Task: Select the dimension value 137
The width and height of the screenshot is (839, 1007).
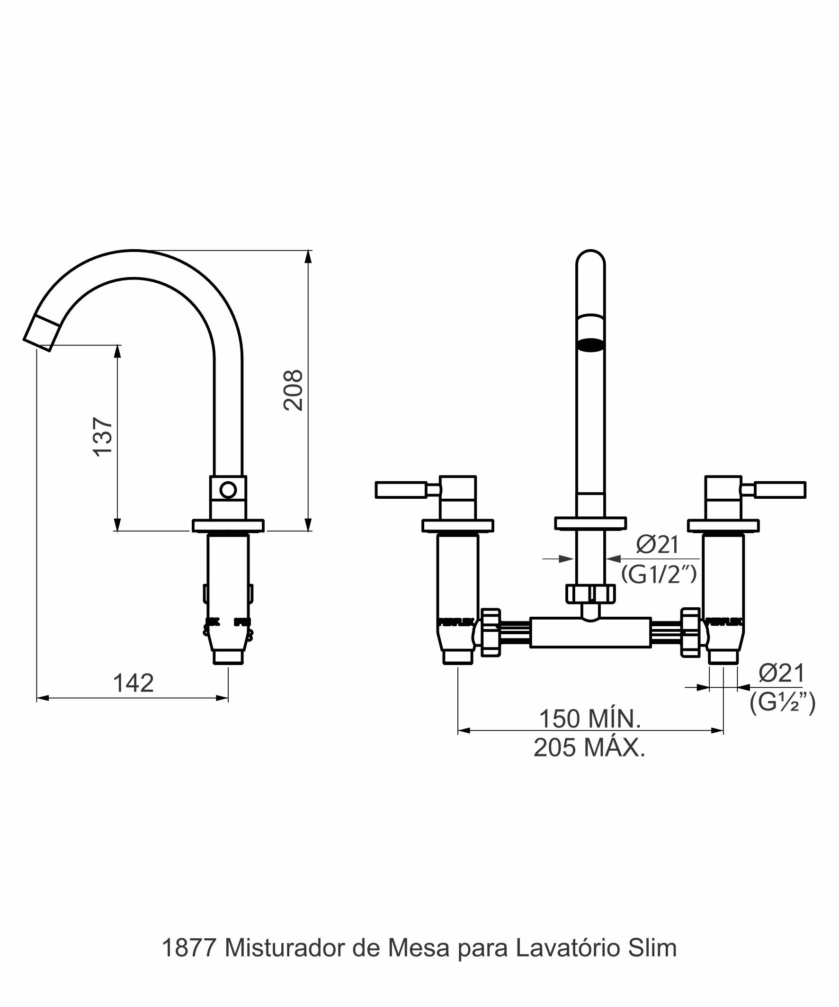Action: tap(103, 436)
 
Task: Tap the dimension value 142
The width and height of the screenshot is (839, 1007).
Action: tap(133, 683)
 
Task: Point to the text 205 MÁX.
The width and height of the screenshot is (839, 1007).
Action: tap(589, 747)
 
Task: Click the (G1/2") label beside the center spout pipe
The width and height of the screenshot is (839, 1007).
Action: tap(659, 574)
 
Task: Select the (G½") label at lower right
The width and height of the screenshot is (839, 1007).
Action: tap(783, 702)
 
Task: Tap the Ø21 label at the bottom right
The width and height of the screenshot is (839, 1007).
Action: tap(781, 673)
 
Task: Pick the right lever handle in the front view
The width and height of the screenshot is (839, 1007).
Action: tap(780, 490)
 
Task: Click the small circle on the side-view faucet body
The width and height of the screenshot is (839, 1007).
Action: tap(228, 490)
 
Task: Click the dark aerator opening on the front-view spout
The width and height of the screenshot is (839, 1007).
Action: tap(590, 345)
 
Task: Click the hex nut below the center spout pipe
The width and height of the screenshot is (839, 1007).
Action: tap(590, 593)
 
